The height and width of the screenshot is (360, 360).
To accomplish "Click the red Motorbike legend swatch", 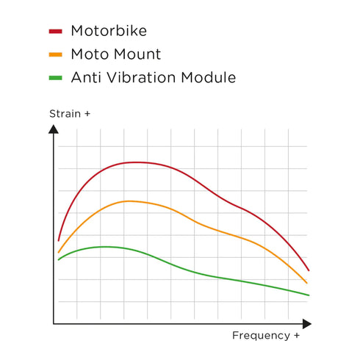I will (x=56, y=32).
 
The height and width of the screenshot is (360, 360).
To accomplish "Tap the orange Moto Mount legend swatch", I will (x=56, y=54).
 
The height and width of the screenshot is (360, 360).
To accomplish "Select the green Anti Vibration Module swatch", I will (x=56, y=78).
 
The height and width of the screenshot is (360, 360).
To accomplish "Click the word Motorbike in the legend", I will (x=109, y=31).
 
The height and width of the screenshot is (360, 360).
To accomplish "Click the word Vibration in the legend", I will (x=140, y=77).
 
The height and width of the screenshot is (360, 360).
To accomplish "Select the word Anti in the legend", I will (x=87, y=77).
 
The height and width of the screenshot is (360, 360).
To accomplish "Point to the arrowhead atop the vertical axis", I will (x=54, y=129).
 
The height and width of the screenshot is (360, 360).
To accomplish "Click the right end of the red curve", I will (x=309, y=270).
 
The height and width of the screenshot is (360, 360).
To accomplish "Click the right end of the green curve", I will (x=309, y=295).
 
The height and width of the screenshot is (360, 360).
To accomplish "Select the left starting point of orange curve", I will (x=59, y=252).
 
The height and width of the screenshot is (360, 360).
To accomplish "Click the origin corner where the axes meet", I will (x=54, y=323).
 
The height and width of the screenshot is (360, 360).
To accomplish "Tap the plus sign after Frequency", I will (x=296, y=336).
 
